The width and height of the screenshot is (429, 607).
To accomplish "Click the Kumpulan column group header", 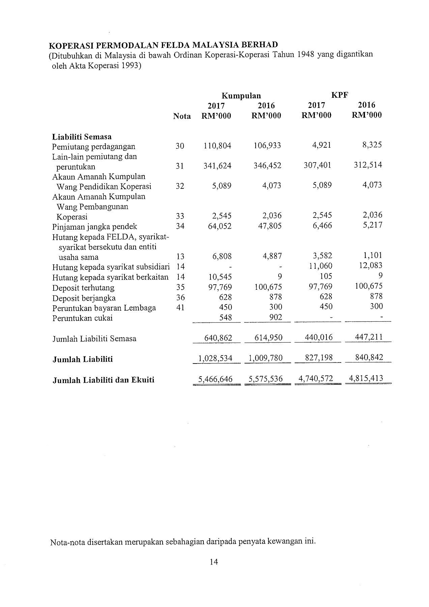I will (x=241, y=95).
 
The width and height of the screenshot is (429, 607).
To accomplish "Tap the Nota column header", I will (x=182, y=116).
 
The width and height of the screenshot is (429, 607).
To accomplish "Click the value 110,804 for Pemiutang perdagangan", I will (x=218, y=146).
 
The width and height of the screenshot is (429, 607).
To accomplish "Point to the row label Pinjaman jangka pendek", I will (x=95, y=227).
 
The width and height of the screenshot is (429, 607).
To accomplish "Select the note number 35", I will (x=180, y=287).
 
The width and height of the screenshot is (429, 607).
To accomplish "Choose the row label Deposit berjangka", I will (x=84, y=298).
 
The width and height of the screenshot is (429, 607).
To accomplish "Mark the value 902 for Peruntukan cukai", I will (x=276, y=317).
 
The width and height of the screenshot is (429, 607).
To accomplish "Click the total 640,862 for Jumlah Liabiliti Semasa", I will (x=218, y=338).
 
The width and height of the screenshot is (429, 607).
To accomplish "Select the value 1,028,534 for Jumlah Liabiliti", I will (x=216, y=358).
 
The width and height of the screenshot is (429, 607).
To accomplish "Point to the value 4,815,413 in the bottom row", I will (x=366, y=378).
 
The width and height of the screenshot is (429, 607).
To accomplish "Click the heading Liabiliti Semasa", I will (x=82, y=137).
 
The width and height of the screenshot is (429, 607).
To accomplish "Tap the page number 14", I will (x=214, y=561).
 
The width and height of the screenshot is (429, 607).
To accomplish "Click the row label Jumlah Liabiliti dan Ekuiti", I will (x=104, y=380).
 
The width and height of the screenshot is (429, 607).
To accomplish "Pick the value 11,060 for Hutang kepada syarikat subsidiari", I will (x=321, y=266).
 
